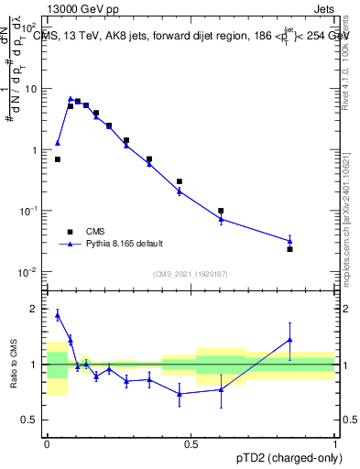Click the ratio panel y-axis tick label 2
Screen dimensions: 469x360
click(36, 309)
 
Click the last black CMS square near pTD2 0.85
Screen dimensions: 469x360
click(289, 249)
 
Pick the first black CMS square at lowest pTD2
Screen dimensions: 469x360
click(57, 159)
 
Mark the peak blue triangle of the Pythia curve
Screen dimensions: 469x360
click(71, 98)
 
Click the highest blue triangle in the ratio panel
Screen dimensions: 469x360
click(57, 315)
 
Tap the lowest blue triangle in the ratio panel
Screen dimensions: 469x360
click(180, 394)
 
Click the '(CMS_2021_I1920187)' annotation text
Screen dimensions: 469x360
click(191, 274)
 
